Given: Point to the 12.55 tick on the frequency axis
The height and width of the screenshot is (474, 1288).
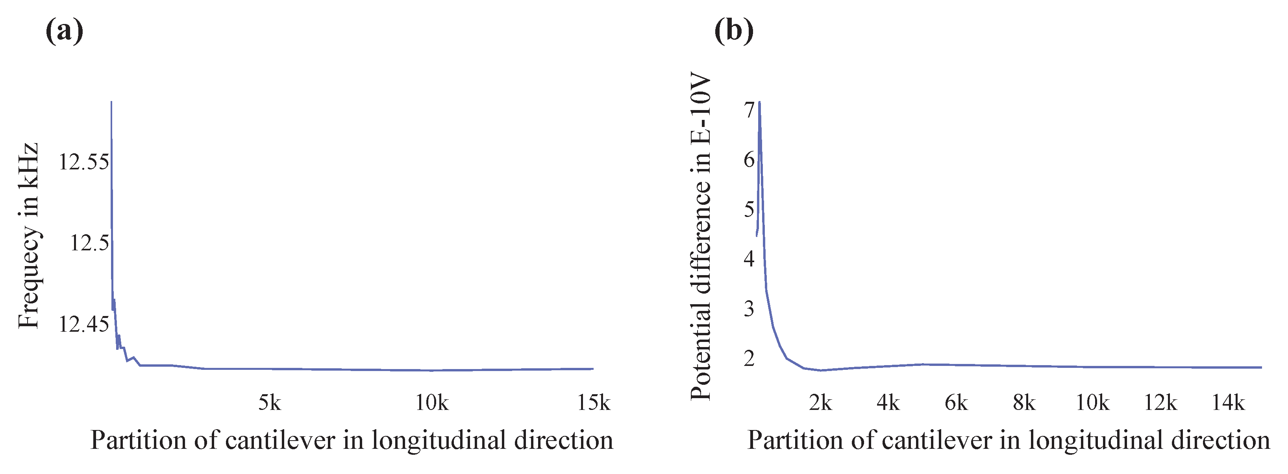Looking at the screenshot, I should (83, 162).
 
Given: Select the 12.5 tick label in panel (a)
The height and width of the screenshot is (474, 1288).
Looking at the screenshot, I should (89, 243).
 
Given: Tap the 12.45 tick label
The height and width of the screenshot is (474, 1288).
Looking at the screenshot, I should (83, 325).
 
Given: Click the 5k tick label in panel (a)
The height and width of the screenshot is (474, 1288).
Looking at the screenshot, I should (270, 402).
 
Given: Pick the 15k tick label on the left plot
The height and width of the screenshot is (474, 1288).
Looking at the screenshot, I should (594, 402).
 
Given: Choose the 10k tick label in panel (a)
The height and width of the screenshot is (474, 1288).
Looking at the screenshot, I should (432, 402).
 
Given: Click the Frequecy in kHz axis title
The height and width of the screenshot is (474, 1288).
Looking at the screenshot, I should (28, 236).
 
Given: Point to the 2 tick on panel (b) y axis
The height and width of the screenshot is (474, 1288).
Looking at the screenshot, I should (748, 358).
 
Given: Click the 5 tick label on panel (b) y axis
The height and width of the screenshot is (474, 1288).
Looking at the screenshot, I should (748, 209).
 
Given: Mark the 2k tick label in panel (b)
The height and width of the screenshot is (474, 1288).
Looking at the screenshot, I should (820, 402).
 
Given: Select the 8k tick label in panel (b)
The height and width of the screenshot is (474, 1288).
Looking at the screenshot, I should (1024, 402).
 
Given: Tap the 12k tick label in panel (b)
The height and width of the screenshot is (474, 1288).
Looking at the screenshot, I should (1160, 402).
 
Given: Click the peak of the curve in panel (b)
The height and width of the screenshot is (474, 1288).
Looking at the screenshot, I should (759, 103).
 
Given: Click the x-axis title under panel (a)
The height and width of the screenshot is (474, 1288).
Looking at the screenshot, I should (352, 441).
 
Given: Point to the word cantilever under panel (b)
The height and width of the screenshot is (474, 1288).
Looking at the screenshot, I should (936, 441).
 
